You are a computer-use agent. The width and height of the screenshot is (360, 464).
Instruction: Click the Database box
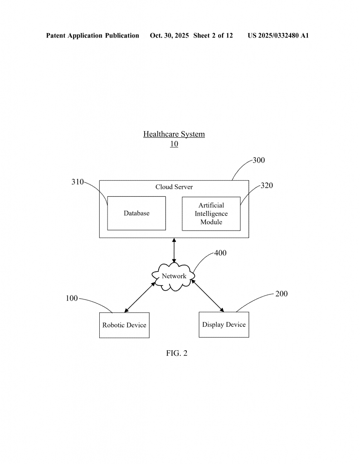click(x=136, y=213)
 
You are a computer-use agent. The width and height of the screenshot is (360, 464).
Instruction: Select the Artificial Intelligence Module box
click(x=211, y=213)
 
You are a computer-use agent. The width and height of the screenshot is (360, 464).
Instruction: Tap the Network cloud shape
click(x=174, y=276)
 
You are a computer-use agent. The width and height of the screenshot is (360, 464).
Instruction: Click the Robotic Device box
click(x=124, y=325)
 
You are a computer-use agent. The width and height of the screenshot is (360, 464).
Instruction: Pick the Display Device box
click(x=224, y=324)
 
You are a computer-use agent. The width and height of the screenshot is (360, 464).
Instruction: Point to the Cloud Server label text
click(x=174, y=187)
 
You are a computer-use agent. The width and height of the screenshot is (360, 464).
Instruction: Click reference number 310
click(x=78, y=182)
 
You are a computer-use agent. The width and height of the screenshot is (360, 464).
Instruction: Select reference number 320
click(x=267, y=185)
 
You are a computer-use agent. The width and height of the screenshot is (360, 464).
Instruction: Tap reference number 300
click(x=258, y=160)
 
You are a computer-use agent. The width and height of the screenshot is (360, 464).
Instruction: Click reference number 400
click(x=220, y=253)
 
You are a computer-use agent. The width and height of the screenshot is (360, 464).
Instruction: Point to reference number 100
click(x=72, y=298)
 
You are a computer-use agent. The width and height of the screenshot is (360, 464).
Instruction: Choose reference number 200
click(x=281, y=294)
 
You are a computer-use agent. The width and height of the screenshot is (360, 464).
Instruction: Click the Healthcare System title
click(x=174, y=134)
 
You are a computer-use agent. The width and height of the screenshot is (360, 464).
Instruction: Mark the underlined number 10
click(x=174, y=144)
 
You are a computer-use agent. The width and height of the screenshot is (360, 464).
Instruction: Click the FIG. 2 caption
click(x=177, y=353)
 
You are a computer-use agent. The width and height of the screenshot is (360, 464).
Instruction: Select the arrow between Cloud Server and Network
click(x=174, y=250)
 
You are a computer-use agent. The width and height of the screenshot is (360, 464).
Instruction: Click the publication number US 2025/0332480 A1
click(x=278, y=35)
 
